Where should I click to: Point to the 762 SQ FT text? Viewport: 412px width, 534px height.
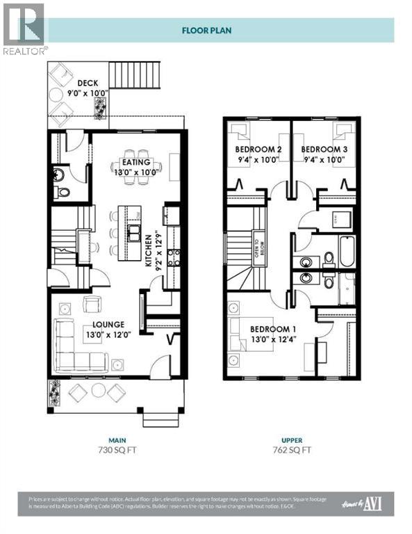point(292,450)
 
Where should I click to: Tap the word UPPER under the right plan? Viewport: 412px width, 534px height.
point(292,439)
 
